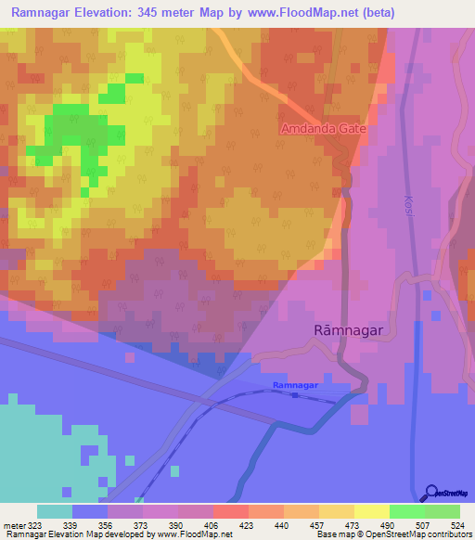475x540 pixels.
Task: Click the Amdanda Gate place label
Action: pyautogui.click(x=325, y=129)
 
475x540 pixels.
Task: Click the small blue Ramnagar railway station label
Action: pyautogui.click(x=296, y=384)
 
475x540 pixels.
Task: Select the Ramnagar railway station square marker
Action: pyautogui.click(x=295, y=395)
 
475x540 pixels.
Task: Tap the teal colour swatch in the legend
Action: pyautogui.click(x=54, y=511)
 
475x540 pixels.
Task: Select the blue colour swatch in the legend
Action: pyautogui.click(x=89, y=511)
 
